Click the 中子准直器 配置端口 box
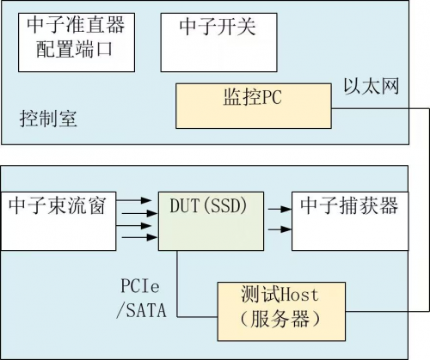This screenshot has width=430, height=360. (77, 42)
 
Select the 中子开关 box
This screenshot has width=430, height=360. (218, 42)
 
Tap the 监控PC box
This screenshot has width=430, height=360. (254, 106)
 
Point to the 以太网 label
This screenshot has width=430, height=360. (372, 86)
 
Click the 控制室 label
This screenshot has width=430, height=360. (48, 119)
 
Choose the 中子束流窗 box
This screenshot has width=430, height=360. (58, 221)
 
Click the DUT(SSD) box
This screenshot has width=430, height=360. (211, 221)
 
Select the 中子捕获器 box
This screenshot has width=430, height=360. (350, 221)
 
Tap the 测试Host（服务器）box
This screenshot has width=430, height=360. (281, 312)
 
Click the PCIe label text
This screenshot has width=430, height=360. (140, 286)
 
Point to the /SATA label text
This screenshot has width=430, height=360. (141, 310)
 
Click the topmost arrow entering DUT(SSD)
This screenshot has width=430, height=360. (133, 200)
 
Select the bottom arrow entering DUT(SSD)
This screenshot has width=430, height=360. (139, 237)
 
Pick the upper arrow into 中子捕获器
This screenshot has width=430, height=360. (279, 209)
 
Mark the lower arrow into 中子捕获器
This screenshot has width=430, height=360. (279, 229)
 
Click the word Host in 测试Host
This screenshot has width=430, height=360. (299, 295)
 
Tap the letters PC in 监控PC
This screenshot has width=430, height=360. (272, 97)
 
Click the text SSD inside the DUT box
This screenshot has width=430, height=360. (226, 205)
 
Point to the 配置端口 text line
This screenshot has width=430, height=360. (74, 49)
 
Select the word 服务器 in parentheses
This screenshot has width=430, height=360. (280, 319)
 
